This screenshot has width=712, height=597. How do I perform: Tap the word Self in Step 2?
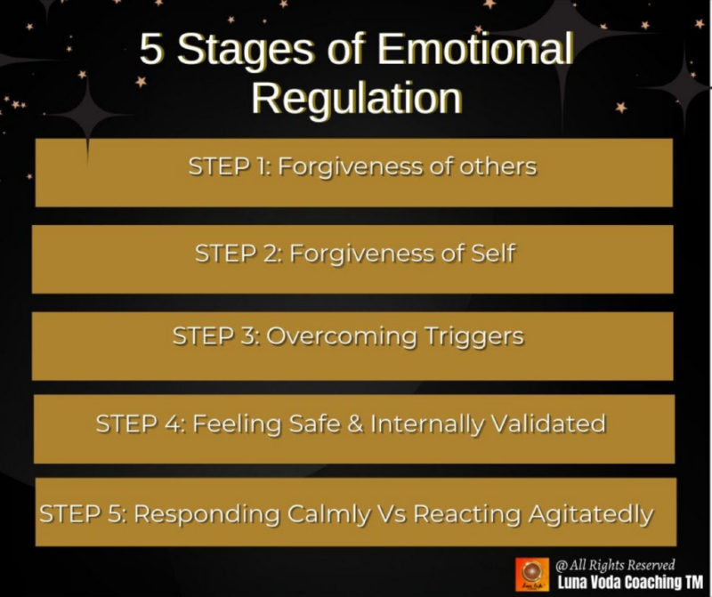(494, 253)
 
